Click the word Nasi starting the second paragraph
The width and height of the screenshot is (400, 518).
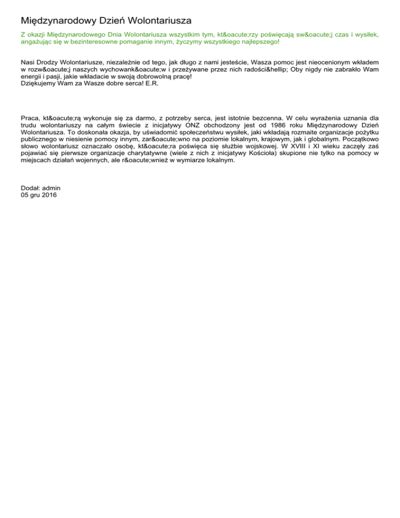(x=28, y=61)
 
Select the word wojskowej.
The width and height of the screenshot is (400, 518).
(x=258, y=146)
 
